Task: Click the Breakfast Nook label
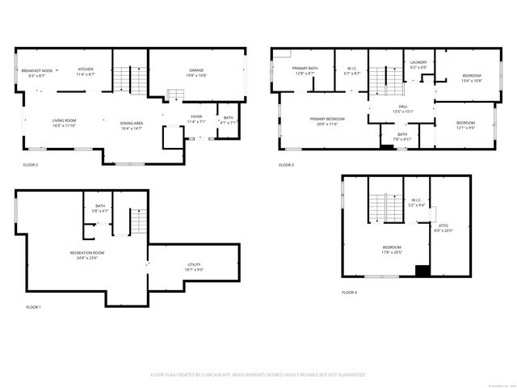coord(36,70)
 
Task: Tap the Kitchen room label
coord(86,70)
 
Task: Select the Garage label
coord(196,70)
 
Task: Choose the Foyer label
coord(196,117)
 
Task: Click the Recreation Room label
coord(87,253)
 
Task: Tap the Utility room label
coord(194,264)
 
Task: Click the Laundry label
coord(418,62)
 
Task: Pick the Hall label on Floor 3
coord(401,105)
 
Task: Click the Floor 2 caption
coord(31,165)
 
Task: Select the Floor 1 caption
coord(33,307)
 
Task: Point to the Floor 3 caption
coord(287,165)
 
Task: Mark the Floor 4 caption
coord(348,292)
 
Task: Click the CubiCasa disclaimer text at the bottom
coord(258,375)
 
